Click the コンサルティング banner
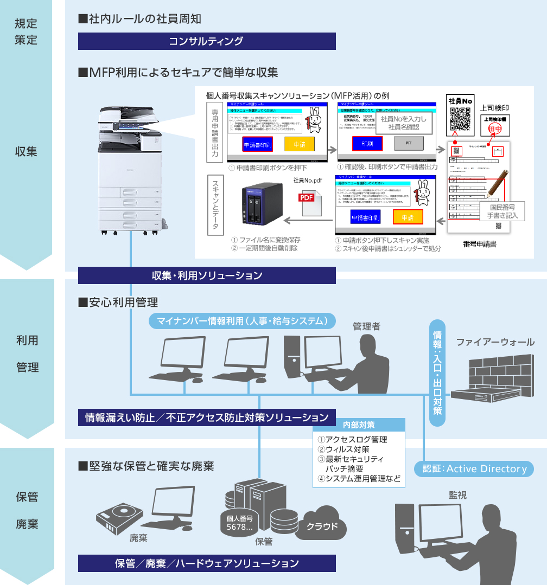tap(207, 41)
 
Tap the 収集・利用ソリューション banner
tap(207, 275)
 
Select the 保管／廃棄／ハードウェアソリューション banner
tap(207, 563)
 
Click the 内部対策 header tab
tap(359, 425)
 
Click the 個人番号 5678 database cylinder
tap(239, 522)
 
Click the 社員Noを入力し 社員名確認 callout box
tap(403, 123)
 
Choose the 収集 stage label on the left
tap(26, 151)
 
